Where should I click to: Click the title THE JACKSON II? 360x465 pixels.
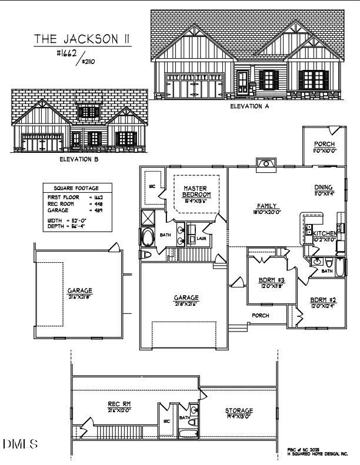coord(82,39)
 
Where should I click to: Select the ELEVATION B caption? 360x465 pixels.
coord(79,159)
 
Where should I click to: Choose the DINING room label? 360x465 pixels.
coord(324,188)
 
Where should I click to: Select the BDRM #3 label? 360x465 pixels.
coord(272,280)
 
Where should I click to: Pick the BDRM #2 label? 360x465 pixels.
coord(323,300)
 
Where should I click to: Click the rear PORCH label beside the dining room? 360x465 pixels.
coord(324,144)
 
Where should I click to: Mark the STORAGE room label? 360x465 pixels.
coord(239,410)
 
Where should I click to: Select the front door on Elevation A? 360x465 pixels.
coord(243,84)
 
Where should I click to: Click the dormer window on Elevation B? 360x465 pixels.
coord(89,111)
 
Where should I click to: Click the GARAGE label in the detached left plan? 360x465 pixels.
coord(80,290)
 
